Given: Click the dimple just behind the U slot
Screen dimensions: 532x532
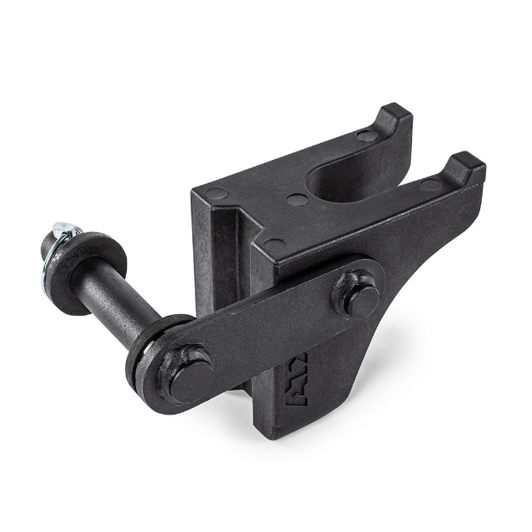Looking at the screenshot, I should [x=297, y=201].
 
